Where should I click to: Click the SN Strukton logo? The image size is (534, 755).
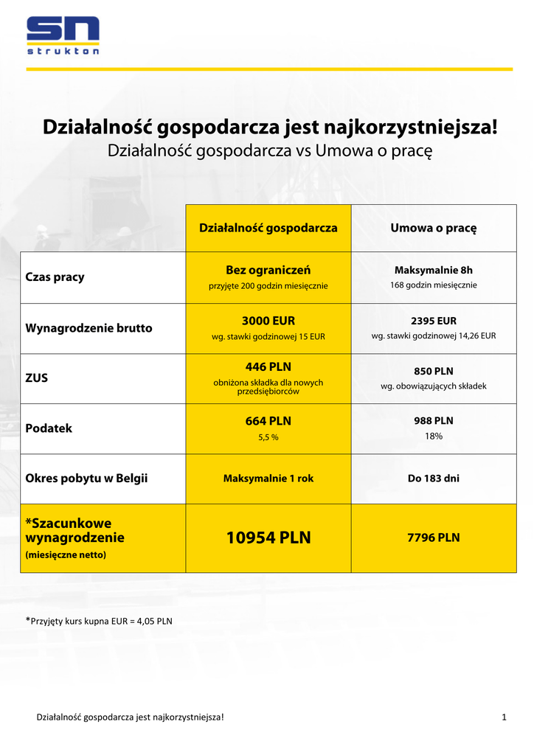pyautogui.click(x=63, y=35)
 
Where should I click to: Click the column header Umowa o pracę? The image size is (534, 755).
pyautogui.click(x=433, y=228)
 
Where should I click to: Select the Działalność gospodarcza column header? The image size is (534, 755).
pyautogui.click(x=268, y=228)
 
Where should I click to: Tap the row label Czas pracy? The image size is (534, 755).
pyautogui.click(x=55, y=277)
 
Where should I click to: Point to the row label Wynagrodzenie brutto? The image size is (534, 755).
pyautogui.click(x=89, y=328)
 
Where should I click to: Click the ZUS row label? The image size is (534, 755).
pyautogui.click(x=37, y=377)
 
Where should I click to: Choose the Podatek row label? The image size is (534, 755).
pyautogui.click(x=49, y=428)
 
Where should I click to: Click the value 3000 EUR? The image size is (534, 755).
pyautogui.click(x=268, y=321)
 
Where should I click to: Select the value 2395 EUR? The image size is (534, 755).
pyautogui.click(x=433, y=321)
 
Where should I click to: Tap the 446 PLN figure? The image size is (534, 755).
pyautogui.click(x=268, y=366)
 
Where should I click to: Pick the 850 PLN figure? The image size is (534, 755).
pyautogui.click(x=433, y=371)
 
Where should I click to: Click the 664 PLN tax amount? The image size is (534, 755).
pyautogui.click(x=268, y=421)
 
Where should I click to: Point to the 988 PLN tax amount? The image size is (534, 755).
pyautogui.click(x=433, y=421)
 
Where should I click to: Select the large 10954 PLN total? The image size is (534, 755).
pyautogui.click(x=268, y=538)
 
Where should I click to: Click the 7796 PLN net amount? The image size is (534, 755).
pyautogui.click(x=433, y=537)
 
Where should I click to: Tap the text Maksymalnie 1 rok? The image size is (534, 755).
pyautogui.click(x=268, y=479)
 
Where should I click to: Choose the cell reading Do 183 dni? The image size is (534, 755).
pyautogui.click(x=433, y=479)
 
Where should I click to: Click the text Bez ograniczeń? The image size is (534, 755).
pyautogui.click(x=268, y=270)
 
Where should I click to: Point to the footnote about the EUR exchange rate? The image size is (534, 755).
pyautogui.click(x=99, y=620)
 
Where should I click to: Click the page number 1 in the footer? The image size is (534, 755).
pyautogui.click(x=504, y=717)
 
